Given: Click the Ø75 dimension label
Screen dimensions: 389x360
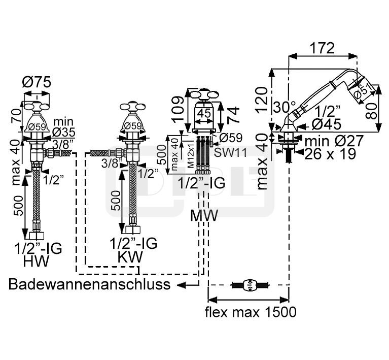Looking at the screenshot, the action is (37, 82).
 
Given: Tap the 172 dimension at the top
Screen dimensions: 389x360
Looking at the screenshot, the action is (322, 48).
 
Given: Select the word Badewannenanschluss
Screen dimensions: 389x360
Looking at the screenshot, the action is (90, 284).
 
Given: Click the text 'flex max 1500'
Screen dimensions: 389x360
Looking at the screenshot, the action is (251, 312).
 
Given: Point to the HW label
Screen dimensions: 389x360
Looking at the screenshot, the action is (36, 261).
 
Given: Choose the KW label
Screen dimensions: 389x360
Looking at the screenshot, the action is (130, 256).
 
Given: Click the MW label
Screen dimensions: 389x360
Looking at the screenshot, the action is (204, 215).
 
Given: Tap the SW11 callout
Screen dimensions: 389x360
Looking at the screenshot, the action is (230, 152).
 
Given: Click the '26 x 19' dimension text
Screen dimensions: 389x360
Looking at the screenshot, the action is (330, 154).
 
